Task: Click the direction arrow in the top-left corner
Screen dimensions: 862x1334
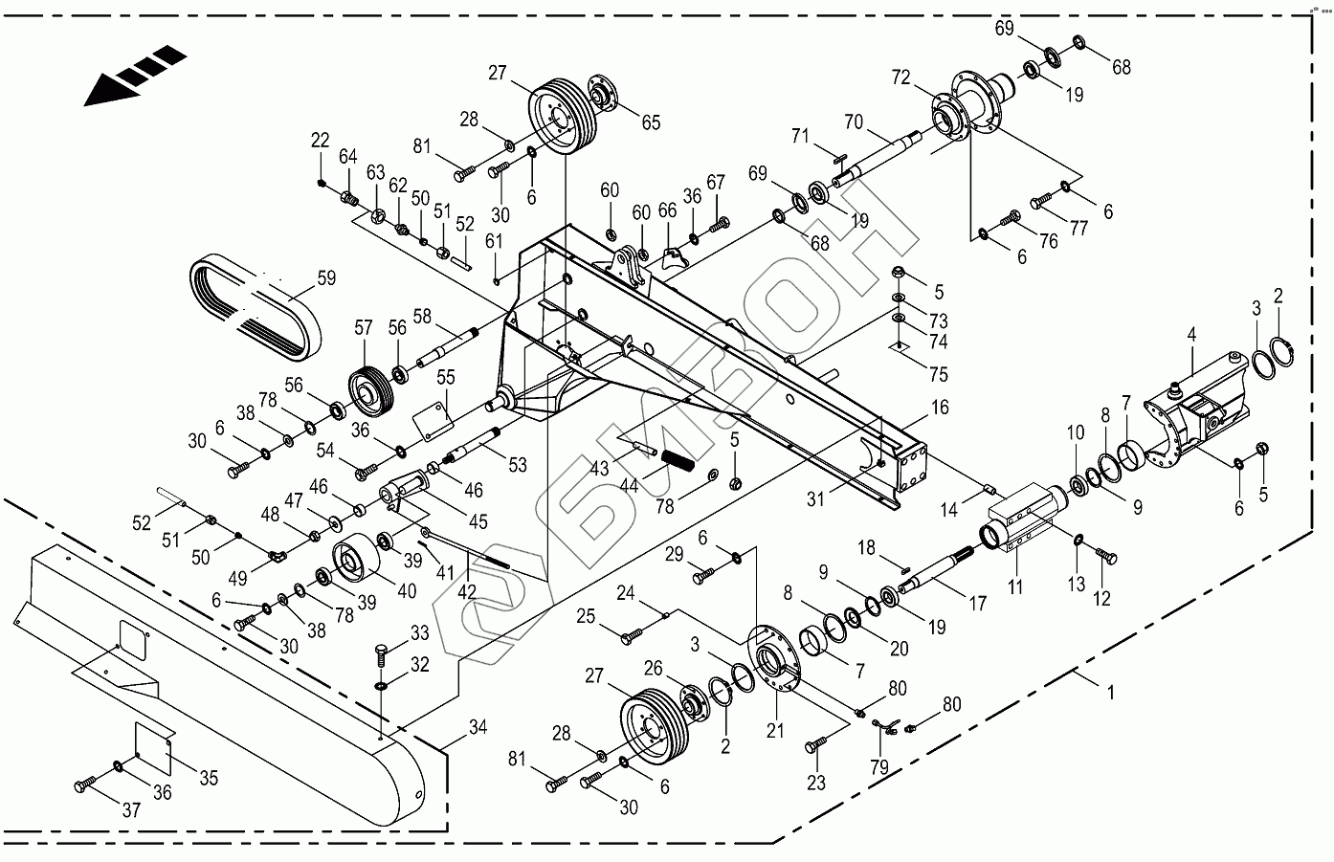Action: (x=134, y=75)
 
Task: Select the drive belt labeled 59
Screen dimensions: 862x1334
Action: (x=255, y=308)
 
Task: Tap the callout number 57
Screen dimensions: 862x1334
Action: (x=363, y=328)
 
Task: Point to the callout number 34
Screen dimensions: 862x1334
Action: (x=478, y=728)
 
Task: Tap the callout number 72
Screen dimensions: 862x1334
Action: (x=901, y=77)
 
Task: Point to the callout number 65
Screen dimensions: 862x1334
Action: (x=651, y=122)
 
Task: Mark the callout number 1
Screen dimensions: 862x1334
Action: (x=1110, y=691)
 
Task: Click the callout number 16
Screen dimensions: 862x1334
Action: (x=940, y=408)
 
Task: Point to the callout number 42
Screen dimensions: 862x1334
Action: (x=466, y=592)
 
